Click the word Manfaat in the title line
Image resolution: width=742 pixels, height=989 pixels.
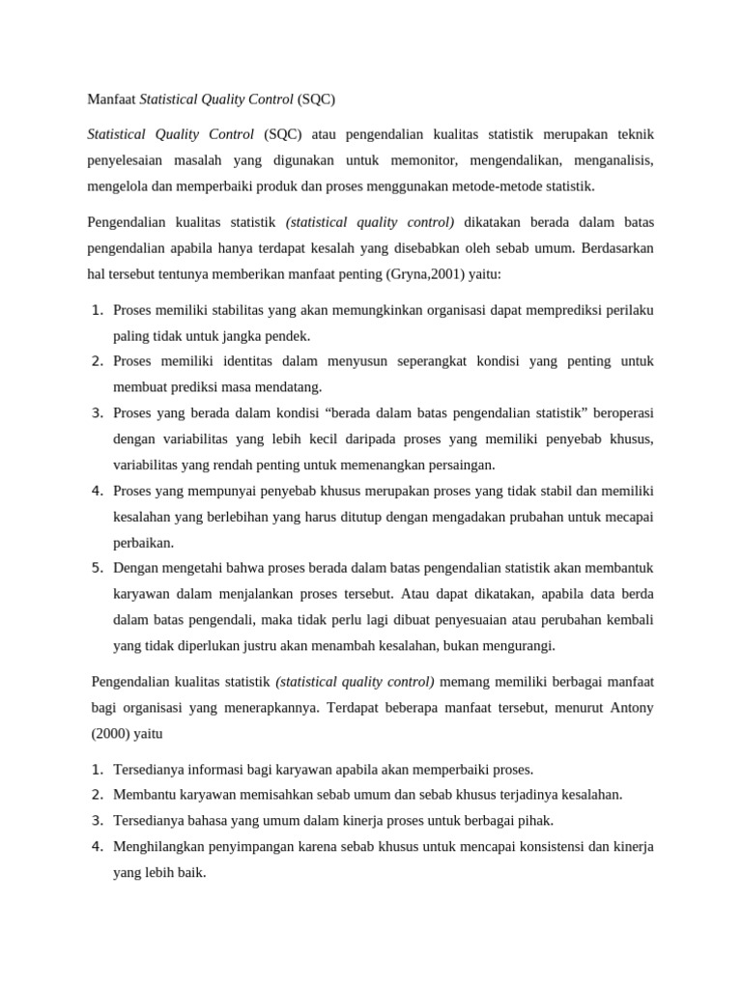[x=112, y=99]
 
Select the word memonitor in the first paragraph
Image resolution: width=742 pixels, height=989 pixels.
[x=430, y=159]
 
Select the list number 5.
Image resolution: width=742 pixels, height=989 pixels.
[x=97, y=568]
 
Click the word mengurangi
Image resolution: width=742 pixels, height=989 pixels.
[x=519, y=645]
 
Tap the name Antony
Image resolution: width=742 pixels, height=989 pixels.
[x=632, y=707]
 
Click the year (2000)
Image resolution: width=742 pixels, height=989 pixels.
[x=111, y=733]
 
